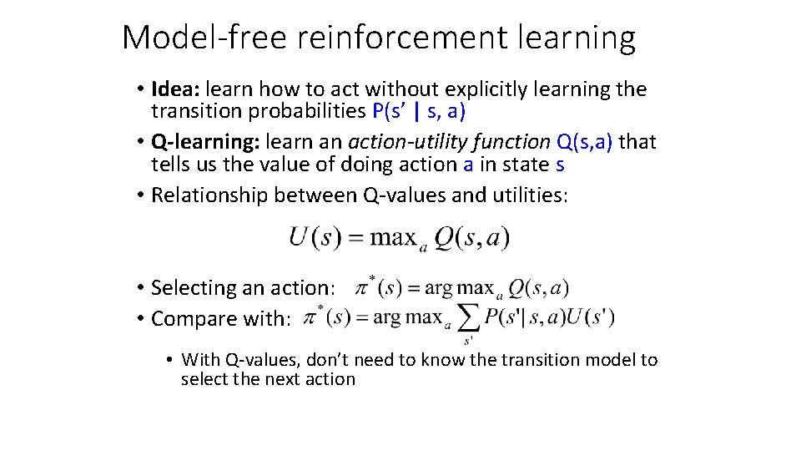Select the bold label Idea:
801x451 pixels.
[176, 89]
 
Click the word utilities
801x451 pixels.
[527, 195]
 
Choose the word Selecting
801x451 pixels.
[193, 288]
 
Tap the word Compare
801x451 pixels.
[188, 319]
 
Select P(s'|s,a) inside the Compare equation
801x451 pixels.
[522, 317]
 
